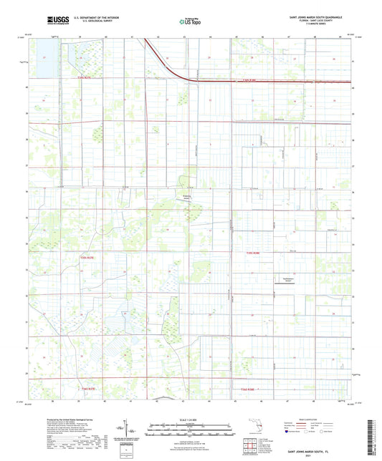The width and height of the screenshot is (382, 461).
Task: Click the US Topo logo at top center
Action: tap(189, 22)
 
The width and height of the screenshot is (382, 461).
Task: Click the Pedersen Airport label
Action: tap(186, 201)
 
